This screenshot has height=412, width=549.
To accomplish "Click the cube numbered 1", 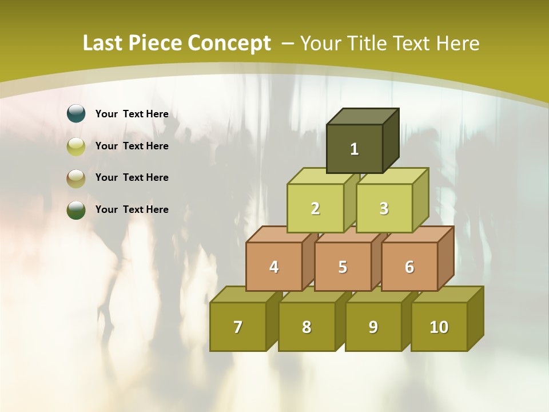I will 355,149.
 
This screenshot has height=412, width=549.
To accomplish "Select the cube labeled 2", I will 315,208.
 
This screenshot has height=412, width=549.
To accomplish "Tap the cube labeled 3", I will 384,208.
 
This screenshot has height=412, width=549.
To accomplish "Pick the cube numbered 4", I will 274,267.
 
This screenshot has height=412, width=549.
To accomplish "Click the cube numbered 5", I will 343,267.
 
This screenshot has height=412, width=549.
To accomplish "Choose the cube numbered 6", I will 409,267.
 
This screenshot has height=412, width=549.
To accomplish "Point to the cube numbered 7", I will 238,327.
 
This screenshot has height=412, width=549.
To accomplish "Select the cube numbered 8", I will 307,327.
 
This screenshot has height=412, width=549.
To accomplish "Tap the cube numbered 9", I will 373,327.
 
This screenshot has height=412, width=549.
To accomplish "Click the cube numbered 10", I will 439,327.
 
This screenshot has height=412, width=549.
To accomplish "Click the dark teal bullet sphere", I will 76,114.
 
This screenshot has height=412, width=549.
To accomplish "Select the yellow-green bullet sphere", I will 76,146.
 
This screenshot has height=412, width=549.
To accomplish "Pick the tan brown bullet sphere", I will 76,178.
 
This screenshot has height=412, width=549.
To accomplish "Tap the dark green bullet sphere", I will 76,209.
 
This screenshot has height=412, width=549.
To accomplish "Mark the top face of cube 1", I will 363,116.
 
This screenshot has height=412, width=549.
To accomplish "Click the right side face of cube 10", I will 475,318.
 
